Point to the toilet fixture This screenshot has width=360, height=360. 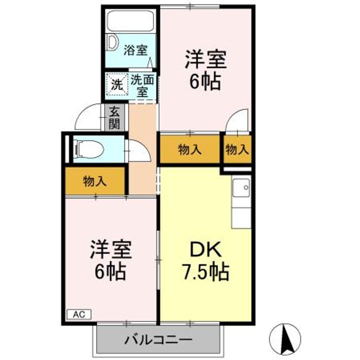point(88,148)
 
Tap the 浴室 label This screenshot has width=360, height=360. point(135,50)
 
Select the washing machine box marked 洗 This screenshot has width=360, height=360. point(116,84)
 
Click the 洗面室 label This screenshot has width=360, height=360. point(143,85)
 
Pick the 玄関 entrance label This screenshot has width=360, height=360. point(114,118)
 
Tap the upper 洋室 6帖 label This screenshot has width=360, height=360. point(205,70)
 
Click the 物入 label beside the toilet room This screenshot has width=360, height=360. point(94,181)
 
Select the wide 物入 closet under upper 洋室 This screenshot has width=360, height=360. point(190,149)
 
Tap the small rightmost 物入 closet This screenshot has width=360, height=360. point(236,149)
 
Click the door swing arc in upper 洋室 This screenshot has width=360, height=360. point(235,122)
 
